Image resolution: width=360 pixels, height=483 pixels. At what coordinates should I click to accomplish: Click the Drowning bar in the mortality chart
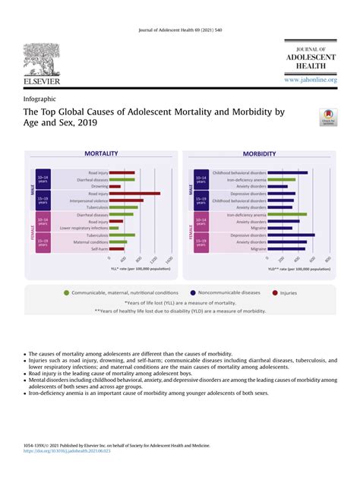(114, 186)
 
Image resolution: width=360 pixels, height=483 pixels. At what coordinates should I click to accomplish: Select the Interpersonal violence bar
(125, 200)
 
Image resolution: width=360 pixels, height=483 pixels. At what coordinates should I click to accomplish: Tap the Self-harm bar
(115, 249)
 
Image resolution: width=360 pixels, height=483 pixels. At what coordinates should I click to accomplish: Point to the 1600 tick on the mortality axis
(169, 260)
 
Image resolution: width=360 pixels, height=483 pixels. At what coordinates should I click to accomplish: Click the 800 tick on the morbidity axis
(328, 259)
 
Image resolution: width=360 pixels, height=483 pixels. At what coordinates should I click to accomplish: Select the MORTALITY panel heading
(101, 153)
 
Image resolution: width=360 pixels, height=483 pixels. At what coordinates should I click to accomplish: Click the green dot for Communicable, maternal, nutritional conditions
(67, 292)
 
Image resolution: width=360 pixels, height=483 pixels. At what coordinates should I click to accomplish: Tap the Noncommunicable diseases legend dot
(193, 292)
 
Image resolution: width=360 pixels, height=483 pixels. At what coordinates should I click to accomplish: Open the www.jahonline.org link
(311, 80)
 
